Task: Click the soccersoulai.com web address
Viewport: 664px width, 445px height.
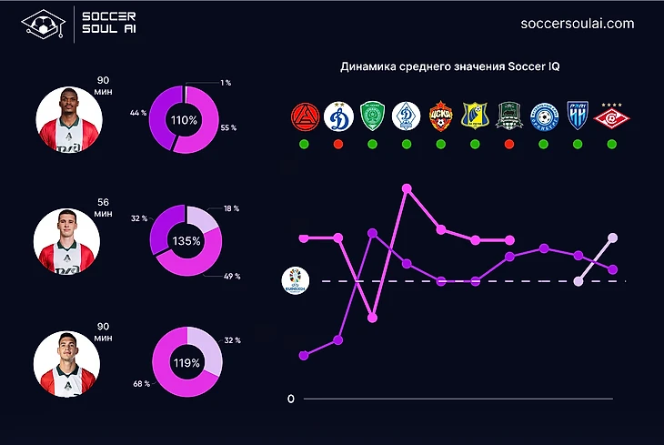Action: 577,25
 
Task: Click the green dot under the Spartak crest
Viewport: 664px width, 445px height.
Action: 613,144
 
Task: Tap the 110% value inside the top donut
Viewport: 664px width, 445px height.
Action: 184,120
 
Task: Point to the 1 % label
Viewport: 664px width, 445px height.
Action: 226,84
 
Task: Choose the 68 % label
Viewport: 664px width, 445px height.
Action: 141,384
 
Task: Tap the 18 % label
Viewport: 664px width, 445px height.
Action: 231,208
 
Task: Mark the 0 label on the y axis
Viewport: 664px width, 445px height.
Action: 290,399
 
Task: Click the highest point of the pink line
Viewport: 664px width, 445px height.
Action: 407,189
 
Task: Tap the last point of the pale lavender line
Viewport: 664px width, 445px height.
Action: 613,238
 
